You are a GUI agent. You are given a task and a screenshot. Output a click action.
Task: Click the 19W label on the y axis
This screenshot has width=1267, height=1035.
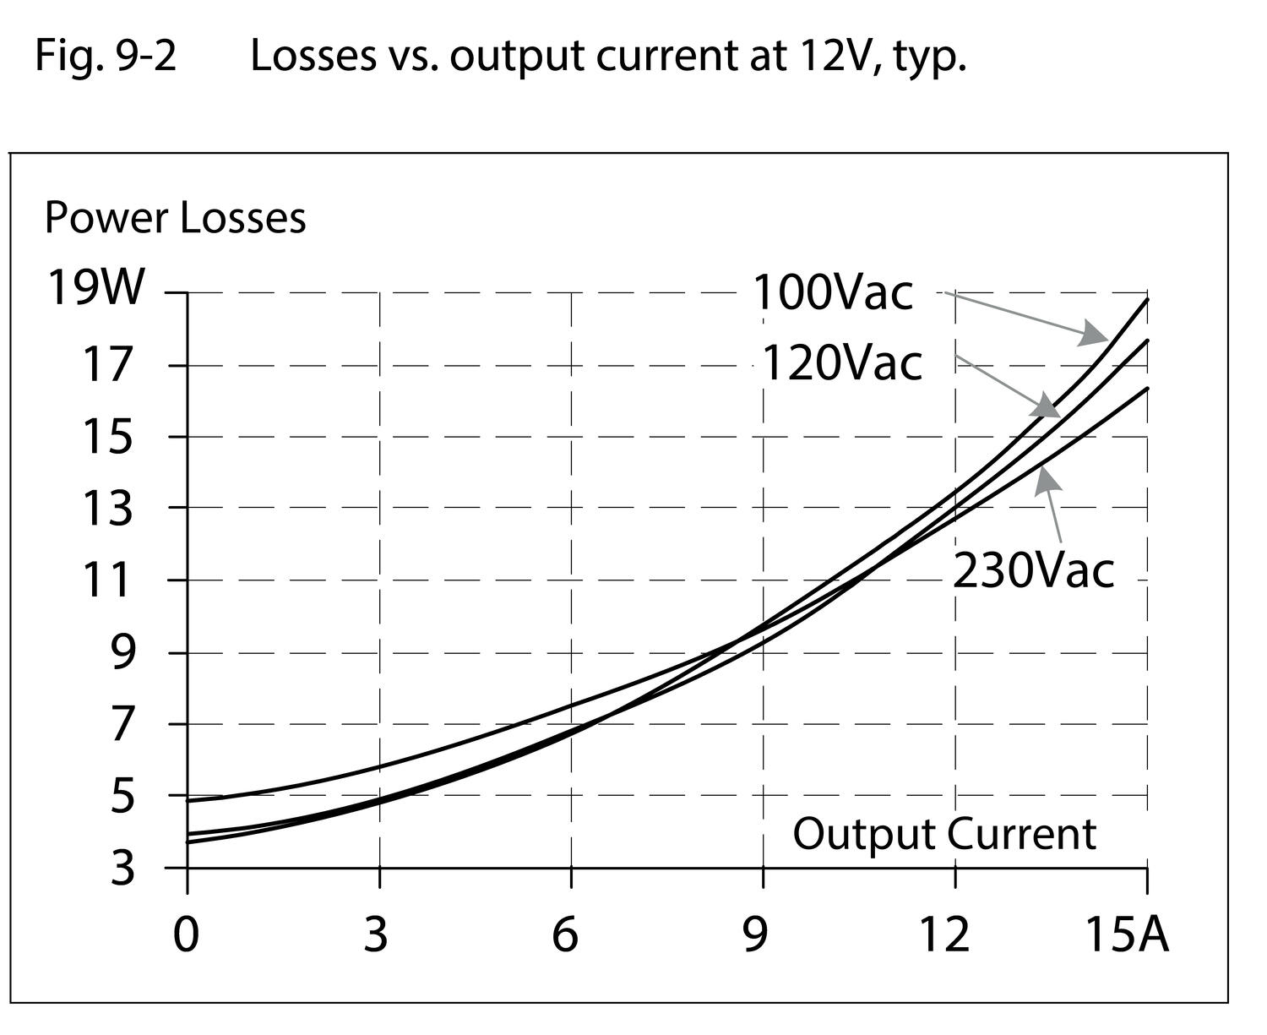pos(95,287)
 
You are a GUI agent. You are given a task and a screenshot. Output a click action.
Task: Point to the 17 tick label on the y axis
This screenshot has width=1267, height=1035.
pos(107,365)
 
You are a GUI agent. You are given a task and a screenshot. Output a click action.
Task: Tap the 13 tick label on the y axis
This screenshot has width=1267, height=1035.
pos(107,509)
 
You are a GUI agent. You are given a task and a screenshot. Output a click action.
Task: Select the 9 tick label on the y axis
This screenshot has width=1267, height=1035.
pos(122,652)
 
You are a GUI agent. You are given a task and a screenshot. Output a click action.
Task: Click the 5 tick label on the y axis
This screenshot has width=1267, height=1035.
pos(122,796)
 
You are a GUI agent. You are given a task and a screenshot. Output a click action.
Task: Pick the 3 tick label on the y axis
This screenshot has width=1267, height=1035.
pos(122,868)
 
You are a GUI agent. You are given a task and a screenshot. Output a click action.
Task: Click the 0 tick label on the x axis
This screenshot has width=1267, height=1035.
pos(186,934)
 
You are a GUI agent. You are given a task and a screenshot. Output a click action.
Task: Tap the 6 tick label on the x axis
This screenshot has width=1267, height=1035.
pos(565,934)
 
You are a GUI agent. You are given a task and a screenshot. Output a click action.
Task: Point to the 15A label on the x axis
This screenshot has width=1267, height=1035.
pos(1126,934)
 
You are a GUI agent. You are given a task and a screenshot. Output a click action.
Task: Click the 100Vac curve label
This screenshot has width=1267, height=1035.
pos(832,293)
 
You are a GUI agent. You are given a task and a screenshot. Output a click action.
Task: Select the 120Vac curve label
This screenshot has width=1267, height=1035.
pos(841,364)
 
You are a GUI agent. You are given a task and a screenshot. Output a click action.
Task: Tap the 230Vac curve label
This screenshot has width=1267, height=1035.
pos(1033,570)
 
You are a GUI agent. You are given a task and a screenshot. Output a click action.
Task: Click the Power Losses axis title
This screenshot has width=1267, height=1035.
pos(175,218)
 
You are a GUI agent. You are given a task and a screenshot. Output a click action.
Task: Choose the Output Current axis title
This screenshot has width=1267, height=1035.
pos(944,834)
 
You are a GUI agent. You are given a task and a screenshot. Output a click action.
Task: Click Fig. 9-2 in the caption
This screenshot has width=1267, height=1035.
pos(106,57)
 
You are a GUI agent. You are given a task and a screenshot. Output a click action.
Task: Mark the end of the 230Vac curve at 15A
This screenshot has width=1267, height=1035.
pos(1147,388)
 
